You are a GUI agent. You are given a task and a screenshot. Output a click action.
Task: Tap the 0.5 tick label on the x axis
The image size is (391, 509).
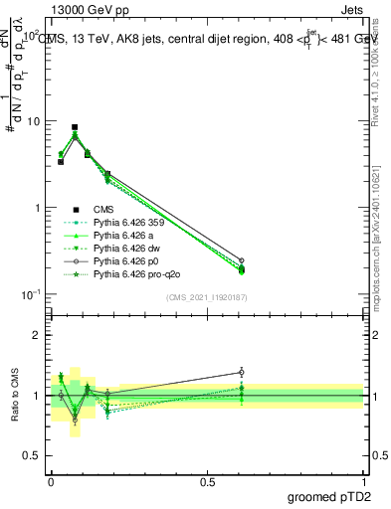click(x=206, y=480)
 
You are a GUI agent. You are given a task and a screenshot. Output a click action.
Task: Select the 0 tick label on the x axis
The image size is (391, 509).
click(x=51, y=480)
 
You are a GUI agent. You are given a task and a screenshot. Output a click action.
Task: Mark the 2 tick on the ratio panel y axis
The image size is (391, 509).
click(x=37, y=335)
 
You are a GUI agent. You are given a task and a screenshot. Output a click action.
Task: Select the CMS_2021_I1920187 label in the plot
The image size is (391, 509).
click(x=206, y=296)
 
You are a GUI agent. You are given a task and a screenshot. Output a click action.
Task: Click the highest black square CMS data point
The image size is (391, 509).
click(x=75, y=127)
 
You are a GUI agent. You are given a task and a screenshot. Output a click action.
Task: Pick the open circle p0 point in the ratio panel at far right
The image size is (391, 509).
click(x=241, y=372)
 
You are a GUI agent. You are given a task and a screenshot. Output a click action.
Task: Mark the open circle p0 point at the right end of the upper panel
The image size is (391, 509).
click(x=241, y=260)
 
